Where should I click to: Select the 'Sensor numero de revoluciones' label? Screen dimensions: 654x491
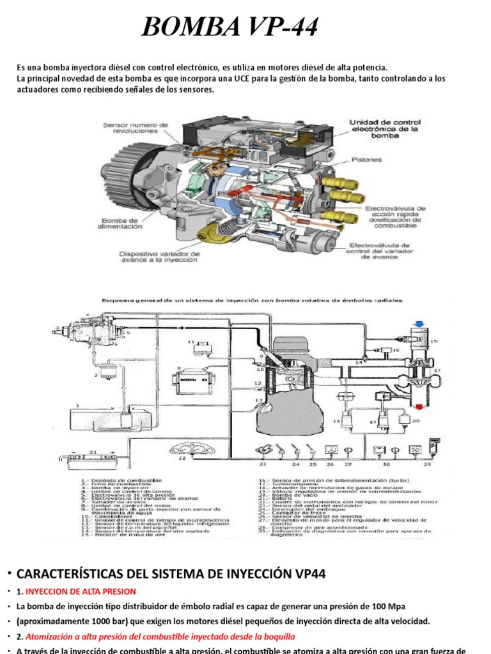136,128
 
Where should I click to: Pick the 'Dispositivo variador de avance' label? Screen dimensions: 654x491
160,257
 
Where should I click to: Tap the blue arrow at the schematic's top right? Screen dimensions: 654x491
419,324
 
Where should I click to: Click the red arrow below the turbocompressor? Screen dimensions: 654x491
419,407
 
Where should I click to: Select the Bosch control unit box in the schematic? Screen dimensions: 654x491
194,381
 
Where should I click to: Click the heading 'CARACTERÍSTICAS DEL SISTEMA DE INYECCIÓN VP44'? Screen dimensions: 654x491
171,574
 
